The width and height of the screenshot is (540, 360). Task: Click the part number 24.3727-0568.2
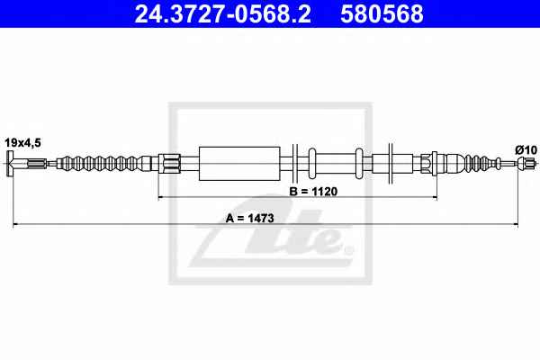tap(222, 13)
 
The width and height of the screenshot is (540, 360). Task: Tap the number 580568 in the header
tap(382, 13)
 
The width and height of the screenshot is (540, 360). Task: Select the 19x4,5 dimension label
tap(22, 142)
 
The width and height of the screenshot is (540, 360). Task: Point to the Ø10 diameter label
tap(526, 150)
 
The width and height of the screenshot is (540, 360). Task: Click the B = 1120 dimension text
tap(313, 192)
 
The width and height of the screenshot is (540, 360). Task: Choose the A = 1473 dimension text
tap(249, 218)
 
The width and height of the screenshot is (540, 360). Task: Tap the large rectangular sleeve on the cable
tap(239, 163)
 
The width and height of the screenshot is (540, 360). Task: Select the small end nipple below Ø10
tap(526, 163)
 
